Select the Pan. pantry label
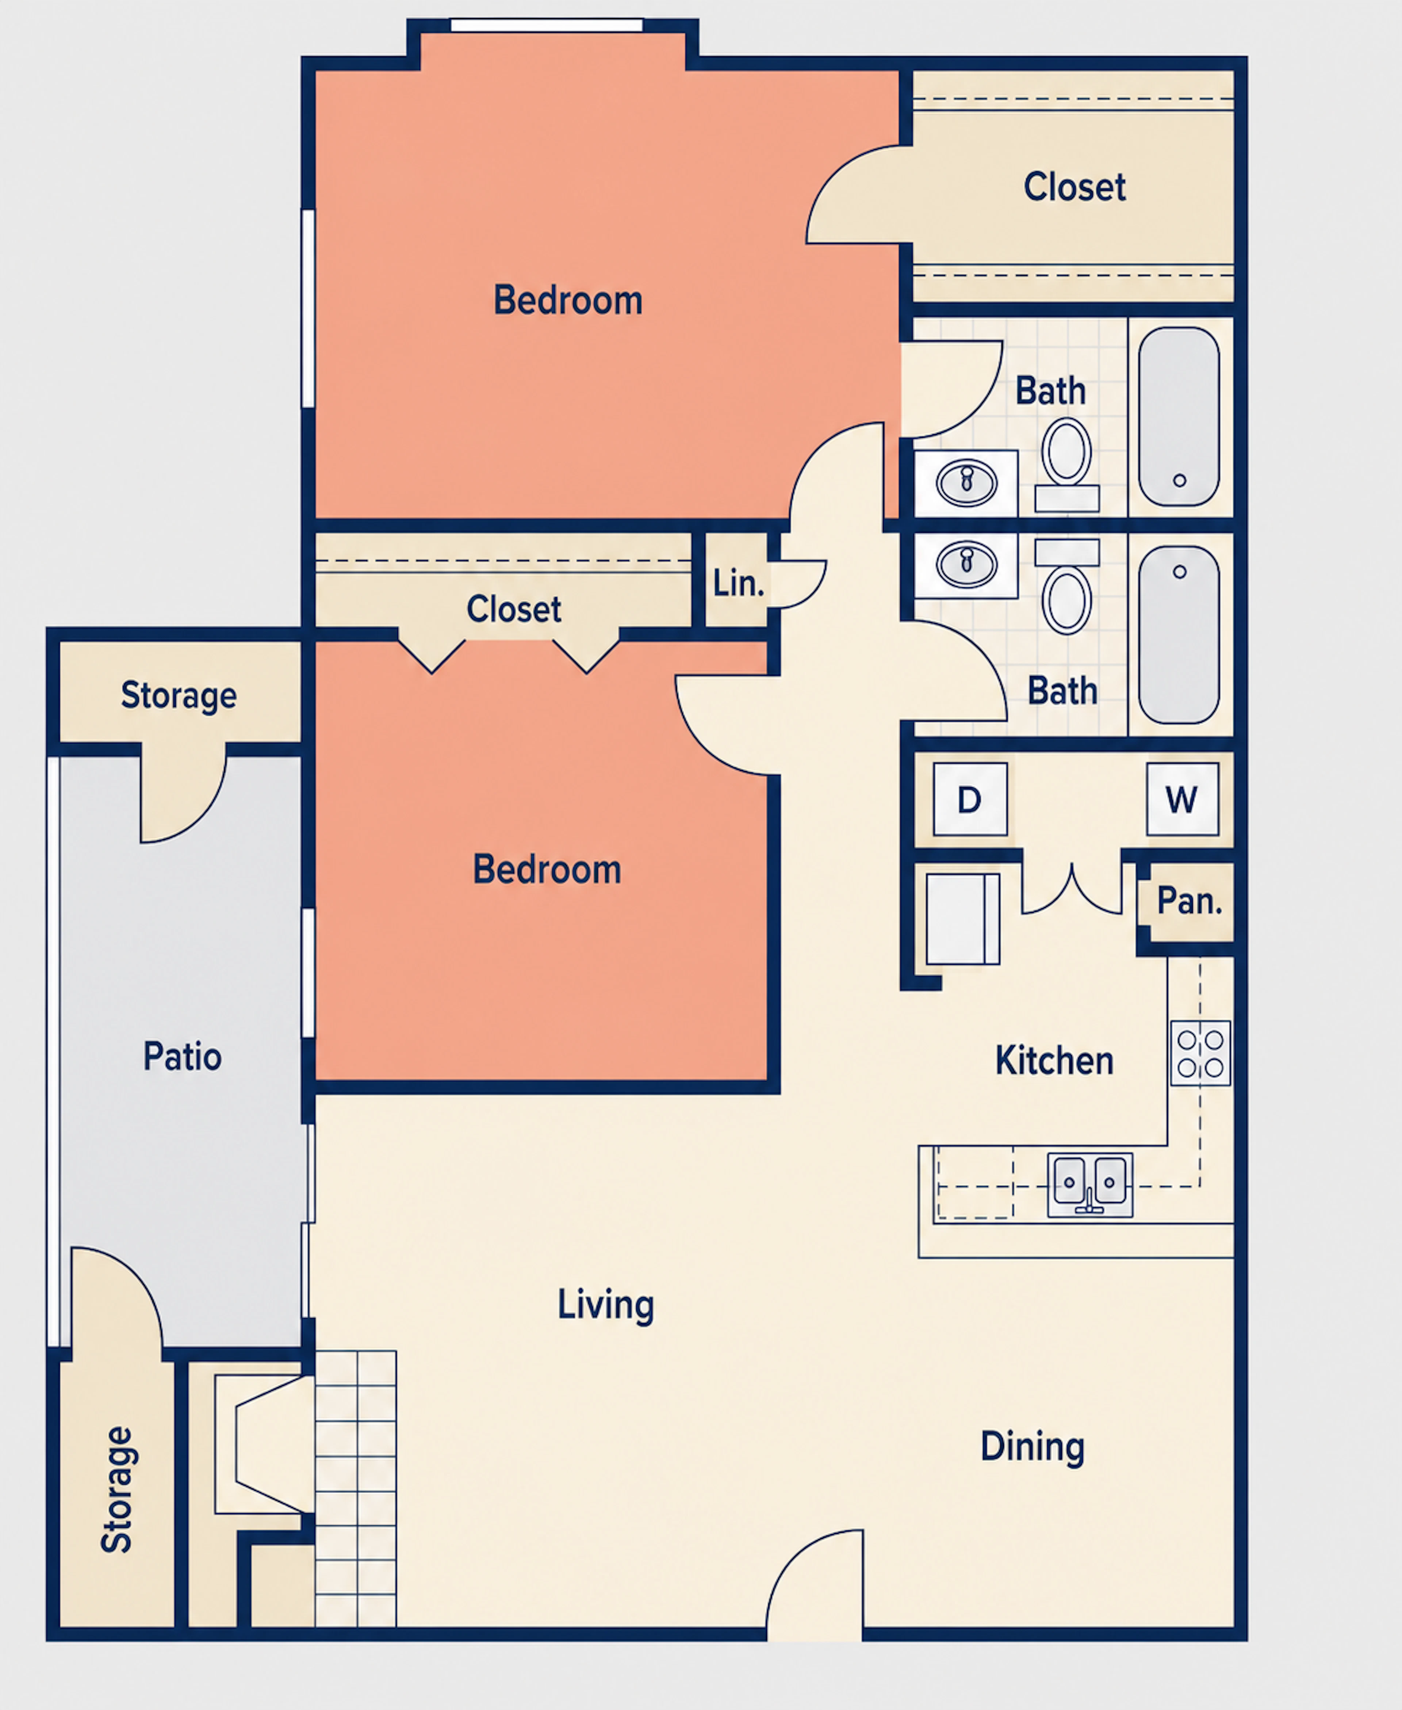(x=1189, y=901)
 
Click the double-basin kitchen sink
(x=1089, y=1184)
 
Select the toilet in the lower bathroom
(x=1067, y=585)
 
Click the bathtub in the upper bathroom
(x=1179, y=416)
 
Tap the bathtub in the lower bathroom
(x=1179, y=635)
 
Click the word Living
(x=606, y=1305)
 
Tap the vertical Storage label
(x=117, y=1489)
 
